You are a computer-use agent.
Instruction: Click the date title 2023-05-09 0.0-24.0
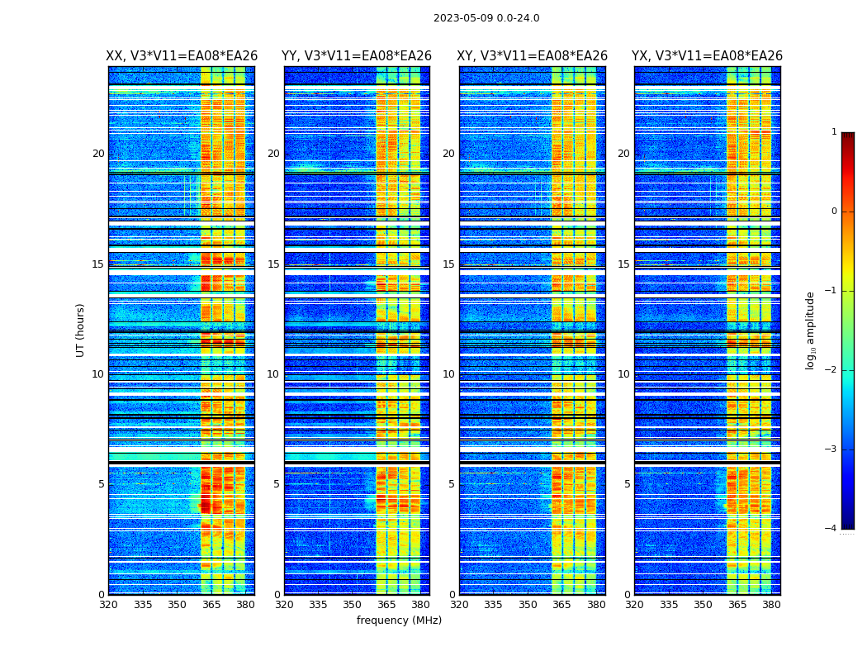pos(486,18)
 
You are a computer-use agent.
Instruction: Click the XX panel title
pos(182,56)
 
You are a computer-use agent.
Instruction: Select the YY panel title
pos(357,56)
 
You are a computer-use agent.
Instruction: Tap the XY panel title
pos(533,56)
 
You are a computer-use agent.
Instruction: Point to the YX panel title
pos(707,56)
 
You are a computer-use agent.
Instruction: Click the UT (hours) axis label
pos(81,330)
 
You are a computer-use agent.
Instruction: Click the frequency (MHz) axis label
pos(399,621)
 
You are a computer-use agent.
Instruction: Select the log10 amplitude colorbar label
pos(811,330)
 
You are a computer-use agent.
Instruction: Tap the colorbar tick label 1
pos(834,132)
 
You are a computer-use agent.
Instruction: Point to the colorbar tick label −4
pos(831,529)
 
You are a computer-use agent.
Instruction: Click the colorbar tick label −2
pos(831,370)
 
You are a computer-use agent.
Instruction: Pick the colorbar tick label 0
pos(834,212)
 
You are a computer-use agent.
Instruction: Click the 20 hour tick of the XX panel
pos(98,154)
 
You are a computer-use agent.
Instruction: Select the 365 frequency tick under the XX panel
pos(211,605)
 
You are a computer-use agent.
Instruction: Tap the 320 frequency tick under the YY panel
pos(284,605)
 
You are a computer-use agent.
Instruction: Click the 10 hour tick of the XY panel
pos(448,374)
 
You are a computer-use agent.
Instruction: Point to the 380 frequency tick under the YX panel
pos(771,605)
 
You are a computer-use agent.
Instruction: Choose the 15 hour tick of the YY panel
pos(273,264)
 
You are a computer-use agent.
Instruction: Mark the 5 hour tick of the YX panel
pos(628,484)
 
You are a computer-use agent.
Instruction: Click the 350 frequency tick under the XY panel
pos(528,605)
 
